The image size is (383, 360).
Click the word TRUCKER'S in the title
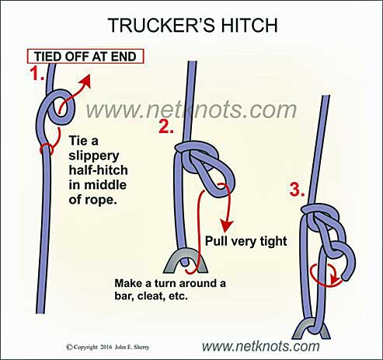click(x=162, y=25)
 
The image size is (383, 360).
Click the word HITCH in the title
click(x=249, y=25)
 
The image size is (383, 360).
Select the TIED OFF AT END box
click(x=85, y=56)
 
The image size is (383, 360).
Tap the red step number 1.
click(x=37, y=73)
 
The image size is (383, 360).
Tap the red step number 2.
click(x=165, y=127)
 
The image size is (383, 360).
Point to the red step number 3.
click(x=297, y=190)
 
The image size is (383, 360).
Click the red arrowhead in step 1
click(x=85, y=82)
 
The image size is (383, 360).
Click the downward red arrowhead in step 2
click(x=227, y=225)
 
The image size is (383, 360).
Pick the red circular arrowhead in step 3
click(x=336, y=280)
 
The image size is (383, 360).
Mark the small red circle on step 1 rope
click(x=47, y=149)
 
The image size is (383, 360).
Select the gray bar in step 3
click(x=311, y=329)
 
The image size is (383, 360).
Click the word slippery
click(x=94, y=156)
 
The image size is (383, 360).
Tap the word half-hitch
click(x=98, y=170)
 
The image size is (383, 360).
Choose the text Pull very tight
click(x=246, y=241)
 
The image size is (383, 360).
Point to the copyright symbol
click(x=69, y=347)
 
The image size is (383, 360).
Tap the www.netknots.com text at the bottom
click(x=260, y=346)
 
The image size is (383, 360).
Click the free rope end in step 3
click(x=346, y=278)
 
